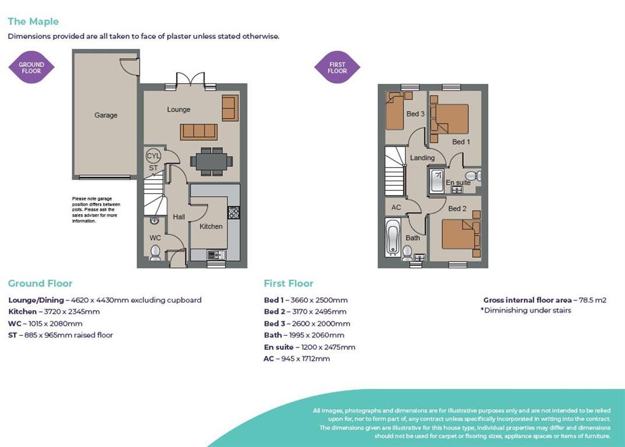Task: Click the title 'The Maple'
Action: (x=33, y=22)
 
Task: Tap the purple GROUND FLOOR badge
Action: (x=31, y=68)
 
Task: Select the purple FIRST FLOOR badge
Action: (x=337, y=68)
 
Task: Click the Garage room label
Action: (x=106, y=115)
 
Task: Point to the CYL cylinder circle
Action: (x=153, y=156)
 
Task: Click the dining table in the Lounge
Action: (x=211, y=161)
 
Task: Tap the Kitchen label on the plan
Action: (x=211, y=226)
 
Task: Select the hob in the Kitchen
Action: (x=233, y=212)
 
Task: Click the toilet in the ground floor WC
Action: (x=155, y=252)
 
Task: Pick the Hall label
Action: (x=179, y=217)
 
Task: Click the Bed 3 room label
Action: (x=415, y=114)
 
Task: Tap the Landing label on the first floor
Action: (x=422, y=158)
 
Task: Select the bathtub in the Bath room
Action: (x=393, y=237)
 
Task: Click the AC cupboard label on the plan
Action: (x=396, y=207)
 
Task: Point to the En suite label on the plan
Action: (x=458, y=183)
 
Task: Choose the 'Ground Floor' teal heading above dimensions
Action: (x=40, y=283)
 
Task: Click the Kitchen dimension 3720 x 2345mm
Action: (x=72, y=312)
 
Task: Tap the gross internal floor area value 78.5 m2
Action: (x=592, y=300)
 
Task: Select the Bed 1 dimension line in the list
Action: (x=306, y=300)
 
